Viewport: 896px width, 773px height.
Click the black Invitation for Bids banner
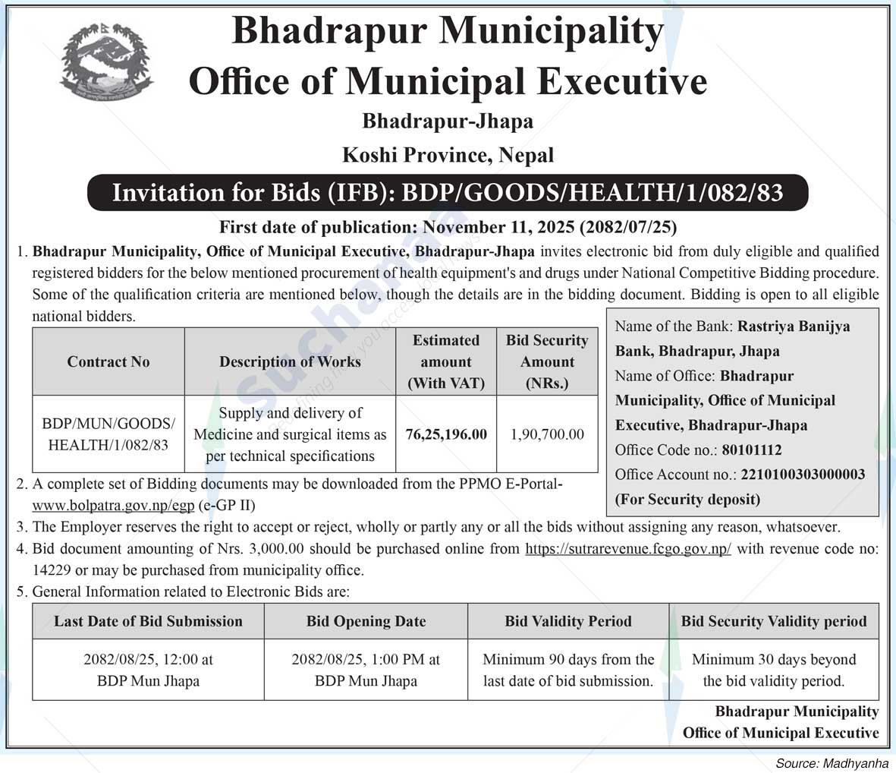448,193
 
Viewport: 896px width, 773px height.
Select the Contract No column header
108,362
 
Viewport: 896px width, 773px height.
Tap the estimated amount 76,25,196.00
446,435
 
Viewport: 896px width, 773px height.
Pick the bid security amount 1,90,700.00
547,435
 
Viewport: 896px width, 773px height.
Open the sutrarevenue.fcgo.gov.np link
628,548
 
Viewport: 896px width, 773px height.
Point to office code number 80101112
751,450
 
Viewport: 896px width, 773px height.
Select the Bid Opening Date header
366,621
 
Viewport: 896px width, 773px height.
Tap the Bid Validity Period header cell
568,621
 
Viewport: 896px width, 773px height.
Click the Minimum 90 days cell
568,670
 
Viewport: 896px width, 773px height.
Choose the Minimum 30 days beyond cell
773,670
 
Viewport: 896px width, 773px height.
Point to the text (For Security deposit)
687,500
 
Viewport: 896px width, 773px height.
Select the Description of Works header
290,362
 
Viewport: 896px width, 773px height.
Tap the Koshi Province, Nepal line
448,156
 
